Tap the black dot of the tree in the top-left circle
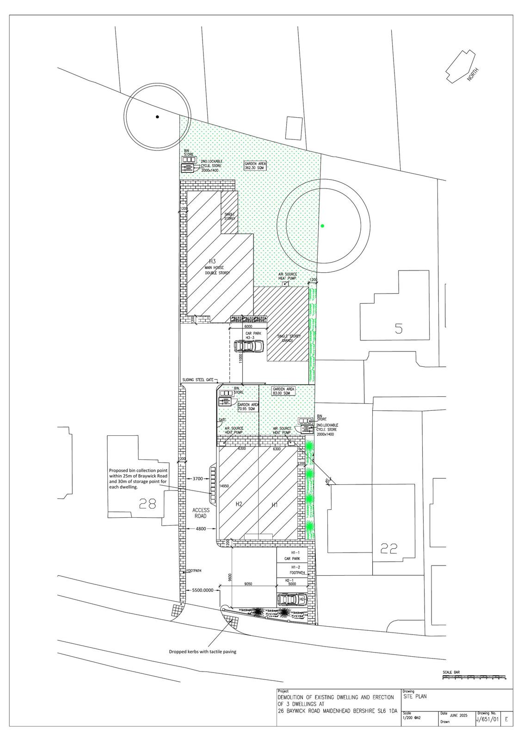pyautogui.click(x=157, y=117)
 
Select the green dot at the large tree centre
pyautogui.click(x=322, y=226)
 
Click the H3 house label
pyautogui.click(x=213, y=262)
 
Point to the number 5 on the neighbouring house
pyautogui.click(x=398, y=328)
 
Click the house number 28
pyautogui.click(x=148, y=503)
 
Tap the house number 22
pyautogui.click(x=389, y=549)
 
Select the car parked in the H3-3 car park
pyautogui.click(x=249, y=346)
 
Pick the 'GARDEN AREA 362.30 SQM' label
pyautogui.click(x=256, y=166)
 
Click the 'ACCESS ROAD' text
pyautogui.click(x=201, y=513)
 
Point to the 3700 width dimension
pyautogui.click(x=197, y=478)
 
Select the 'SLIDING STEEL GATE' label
pyautogui.click(x=197, y=379)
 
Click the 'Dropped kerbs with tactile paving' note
pyautogui.click(x=202, y=651)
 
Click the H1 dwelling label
pyautogui.click(x=275, y=505)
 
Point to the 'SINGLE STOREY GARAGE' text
pyautogui.click(x=289, y=339)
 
